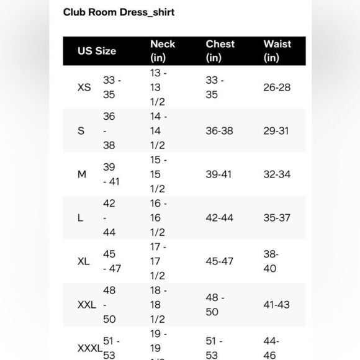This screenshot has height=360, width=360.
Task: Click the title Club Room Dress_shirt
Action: pos(119,12)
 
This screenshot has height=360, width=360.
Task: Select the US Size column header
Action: pos(96,51)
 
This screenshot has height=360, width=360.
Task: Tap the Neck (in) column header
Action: pos(163,51)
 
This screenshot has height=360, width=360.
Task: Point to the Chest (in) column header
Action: pos(220,51)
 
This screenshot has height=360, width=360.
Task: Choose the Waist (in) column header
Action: pos(277,51)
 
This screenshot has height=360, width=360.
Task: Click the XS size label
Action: pos(84,88)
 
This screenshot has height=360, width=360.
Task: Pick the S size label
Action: pos(81,131)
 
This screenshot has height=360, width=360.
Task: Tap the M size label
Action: pos(82,174)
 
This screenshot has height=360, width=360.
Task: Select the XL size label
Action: pos(84,261)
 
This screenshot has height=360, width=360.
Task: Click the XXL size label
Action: pos(86,305)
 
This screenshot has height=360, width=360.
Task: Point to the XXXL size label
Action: pos(89,348)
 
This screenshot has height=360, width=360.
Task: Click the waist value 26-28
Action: pos(277,88)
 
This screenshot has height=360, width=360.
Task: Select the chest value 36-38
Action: pos(220,131)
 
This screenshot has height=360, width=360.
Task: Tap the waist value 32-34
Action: pos(277,174)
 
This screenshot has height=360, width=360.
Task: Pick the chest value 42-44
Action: pos(220,218)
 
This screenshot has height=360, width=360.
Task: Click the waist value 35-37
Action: pos(277,218)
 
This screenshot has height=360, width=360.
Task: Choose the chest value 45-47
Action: pos(220,261)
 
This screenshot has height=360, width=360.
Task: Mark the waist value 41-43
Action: pos(277,305)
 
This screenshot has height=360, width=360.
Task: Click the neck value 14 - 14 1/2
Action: pos(158,131)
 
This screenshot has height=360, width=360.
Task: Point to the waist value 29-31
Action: pos(277,131)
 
